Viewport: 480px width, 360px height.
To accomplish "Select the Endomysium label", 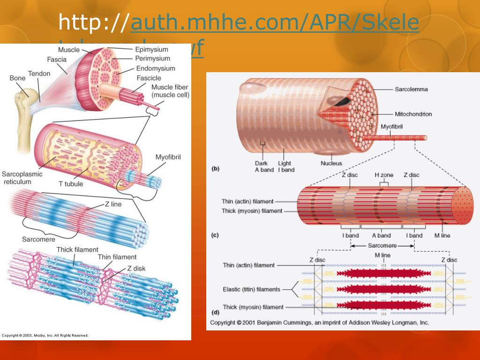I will [156, 68].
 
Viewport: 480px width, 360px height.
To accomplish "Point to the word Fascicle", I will [149, 78].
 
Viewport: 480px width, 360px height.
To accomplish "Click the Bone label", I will [17, 78].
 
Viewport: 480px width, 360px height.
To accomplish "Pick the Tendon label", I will [39, 74].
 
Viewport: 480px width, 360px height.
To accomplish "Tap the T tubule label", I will [70, 184].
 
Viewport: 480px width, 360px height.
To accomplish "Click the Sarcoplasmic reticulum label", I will [22, 178].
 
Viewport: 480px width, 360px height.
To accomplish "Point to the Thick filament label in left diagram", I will [77, 250].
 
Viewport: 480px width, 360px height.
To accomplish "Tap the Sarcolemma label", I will [411, 89].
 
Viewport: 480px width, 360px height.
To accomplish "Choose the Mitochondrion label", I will [412, 114].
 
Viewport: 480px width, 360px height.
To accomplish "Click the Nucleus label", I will [331, 164].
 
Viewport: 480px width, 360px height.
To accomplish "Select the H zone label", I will [383, 175].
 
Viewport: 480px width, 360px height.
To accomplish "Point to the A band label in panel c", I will [381, 235].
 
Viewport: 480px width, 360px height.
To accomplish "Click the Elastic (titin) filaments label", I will [251, 289].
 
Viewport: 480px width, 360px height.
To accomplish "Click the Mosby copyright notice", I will [45, 335].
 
